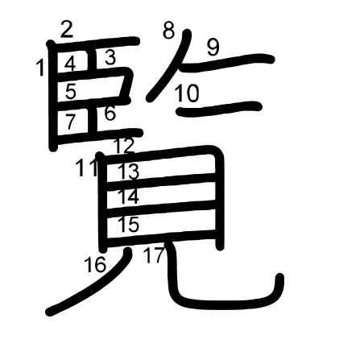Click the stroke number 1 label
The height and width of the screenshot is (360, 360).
coord(41,68)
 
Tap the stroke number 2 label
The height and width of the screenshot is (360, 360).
coord(67,30)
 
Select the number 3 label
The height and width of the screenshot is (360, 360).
coord(110,57)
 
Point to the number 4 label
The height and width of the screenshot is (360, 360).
coord(70,64)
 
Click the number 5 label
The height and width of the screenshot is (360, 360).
coord(71,91)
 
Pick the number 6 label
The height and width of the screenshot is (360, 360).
coord(110,113)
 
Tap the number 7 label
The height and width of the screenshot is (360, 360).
coord(70,122)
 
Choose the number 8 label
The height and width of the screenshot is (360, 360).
coord(169,31)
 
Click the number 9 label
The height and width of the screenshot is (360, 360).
coord(213,48)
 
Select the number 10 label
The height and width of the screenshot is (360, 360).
coord(187,93)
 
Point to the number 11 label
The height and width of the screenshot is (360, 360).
coord(86,168)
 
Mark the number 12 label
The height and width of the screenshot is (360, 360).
coord(124,146)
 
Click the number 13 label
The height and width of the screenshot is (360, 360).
coord(129,172)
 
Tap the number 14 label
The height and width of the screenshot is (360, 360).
coord(128,197)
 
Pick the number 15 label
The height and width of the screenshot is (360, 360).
coord(129,224)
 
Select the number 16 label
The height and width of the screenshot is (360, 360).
coord(95,264)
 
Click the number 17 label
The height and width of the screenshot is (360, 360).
coord(154,254)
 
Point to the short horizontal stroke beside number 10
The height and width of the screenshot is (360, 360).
coord(219,109)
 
